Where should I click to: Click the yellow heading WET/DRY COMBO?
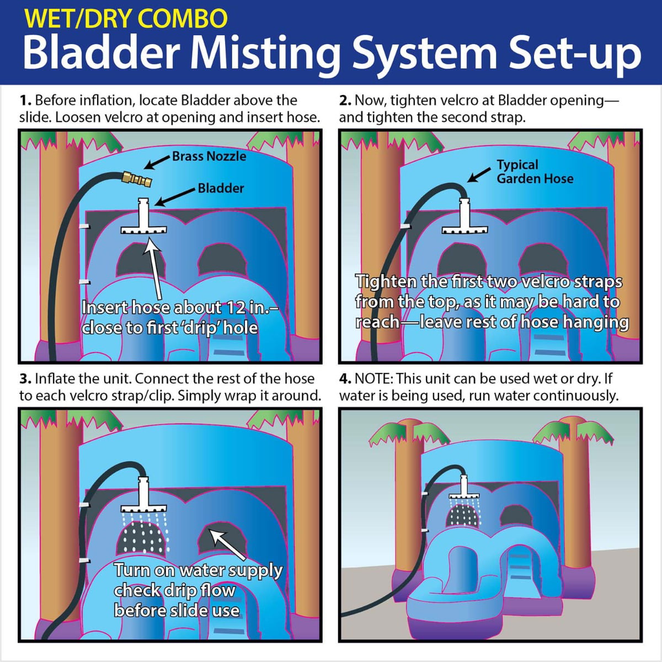click(x=126, y=18)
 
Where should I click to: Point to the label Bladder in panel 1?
click(x=221, y=188)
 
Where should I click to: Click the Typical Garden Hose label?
click(x=535, y=172)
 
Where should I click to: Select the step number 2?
click(x=345, y=100)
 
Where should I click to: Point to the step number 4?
click(x=345, y=379)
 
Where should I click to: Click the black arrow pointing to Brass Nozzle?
click(x=157, y=162)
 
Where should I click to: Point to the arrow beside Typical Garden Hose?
click(x=479, y=174)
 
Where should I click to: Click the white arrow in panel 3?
click(x=227, y=543)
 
